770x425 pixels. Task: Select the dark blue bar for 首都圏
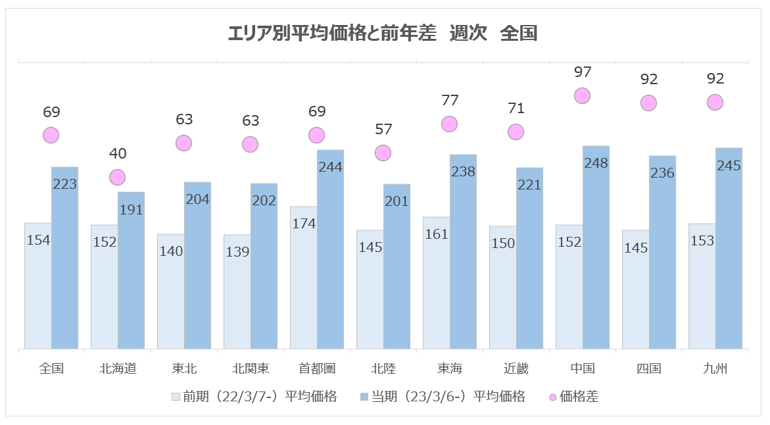(x=330, y=250)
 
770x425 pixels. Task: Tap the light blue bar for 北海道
(x=104, y=287)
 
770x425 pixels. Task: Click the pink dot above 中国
(x=582, y=95)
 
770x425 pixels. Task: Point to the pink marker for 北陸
(x=383, y=153)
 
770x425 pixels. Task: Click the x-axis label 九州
(x=715, y=368)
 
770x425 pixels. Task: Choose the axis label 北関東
(x=250, y=368)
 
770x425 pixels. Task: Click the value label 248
(x=596, y=163)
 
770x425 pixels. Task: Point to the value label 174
(x=304, y=224)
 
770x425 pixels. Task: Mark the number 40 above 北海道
(x=117, y=154)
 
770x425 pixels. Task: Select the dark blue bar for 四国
(x=662, y=253)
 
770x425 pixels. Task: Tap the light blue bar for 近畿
(x=502, y=287)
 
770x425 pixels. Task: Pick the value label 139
(x=237, y=252)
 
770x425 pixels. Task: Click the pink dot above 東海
(x=449, y=124)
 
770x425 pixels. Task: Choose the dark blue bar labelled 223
(x=64, y=258)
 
